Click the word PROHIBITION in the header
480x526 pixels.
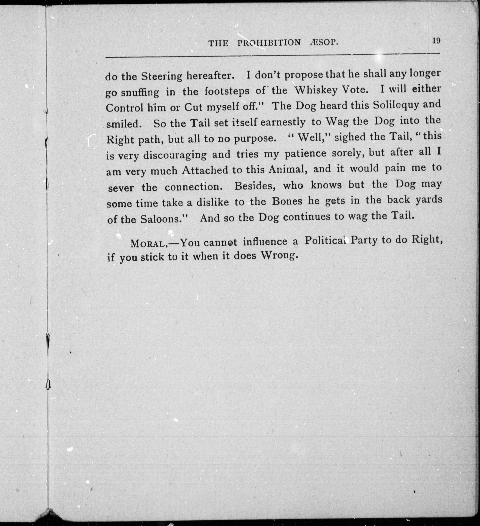click(269, 43)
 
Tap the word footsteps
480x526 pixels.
click(227, 91)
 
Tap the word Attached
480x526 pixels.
click(205, 170)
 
